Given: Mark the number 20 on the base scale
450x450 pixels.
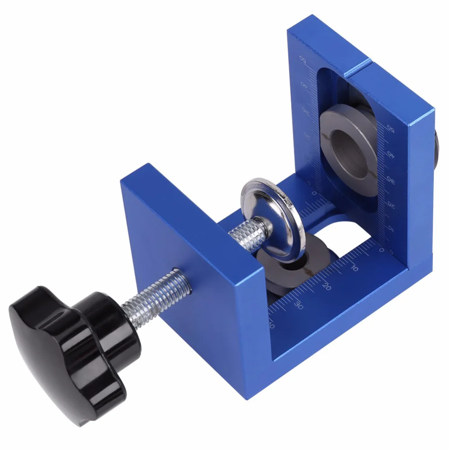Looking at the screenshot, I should coord(327,286).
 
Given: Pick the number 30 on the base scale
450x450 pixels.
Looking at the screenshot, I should coord(298,304).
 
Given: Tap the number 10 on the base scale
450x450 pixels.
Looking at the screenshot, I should coord(354,268).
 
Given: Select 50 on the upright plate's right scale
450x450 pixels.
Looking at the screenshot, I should coord(391,130).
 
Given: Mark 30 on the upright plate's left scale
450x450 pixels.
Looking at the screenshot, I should coord(306,110).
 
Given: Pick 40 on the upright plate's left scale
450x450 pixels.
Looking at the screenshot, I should coord(304,85).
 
